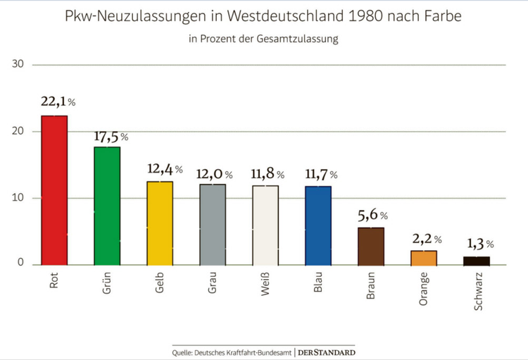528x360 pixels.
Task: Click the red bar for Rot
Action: [54, 190]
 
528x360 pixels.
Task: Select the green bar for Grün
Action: [107, 206]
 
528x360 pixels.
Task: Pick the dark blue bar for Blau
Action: [318, 225]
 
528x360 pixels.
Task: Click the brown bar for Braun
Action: [371, 246]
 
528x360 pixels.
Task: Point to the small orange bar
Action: [424, 258]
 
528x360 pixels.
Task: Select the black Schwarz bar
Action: [477, 261]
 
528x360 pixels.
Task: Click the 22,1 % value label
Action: [58, 102]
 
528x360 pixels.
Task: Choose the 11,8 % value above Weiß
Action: [268, 174]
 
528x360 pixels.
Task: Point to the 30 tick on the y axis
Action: [18, 65]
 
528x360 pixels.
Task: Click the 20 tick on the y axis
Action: [18, 131]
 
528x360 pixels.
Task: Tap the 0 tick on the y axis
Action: [20, 263]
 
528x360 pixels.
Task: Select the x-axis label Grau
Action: [213, 283]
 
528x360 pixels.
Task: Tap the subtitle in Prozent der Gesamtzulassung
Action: [263, 39]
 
